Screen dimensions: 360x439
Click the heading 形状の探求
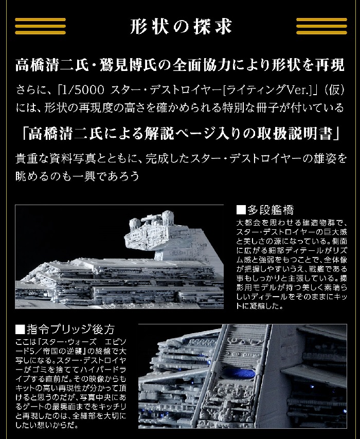pyautogui.click(x=181, y=27)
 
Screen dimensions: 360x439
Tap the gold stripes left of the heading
pyautogui.click(x=40, y=26)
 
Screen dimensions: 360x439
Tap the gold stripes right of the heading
pyautogui.click(x=321, y=26)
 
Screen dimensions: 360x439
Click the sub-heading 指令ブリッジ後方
pyautogui.click(x=70, y=329)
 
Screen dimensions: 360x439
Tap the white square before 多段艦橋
pyautogui.click(x=241, y=210)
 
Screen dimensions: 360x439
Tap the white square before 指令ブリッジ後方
pyautogui.click(x=20, y=330)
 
